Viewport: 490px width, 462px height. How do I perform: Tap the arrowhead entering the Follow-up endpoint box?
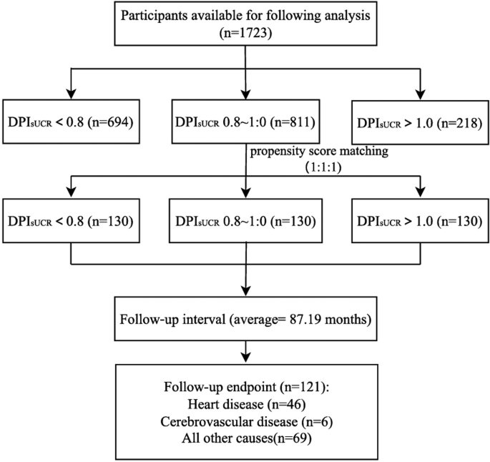click(x=245, y=355)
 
